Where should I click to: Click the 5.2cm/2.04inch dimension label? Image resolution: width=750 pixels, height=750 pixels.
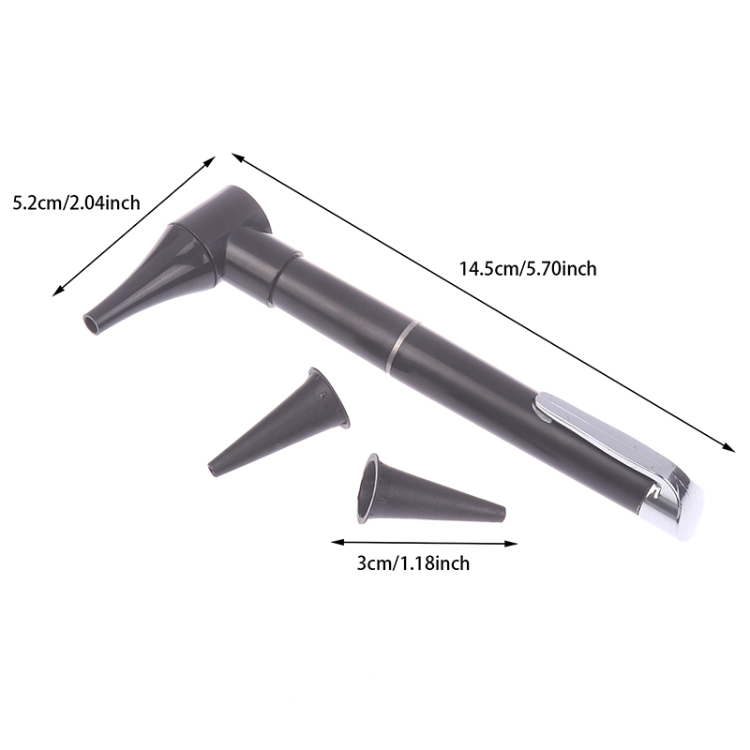point(77,203)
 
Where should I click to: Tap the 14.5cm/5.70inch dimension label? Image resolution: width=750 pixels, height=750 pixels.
point(528,269)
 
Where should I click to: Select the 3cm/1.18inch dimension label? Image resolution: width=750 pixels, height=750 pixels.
point(412,563)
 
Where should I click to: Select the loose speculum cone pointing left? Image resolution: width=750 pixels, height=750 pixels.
point(278,423)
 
